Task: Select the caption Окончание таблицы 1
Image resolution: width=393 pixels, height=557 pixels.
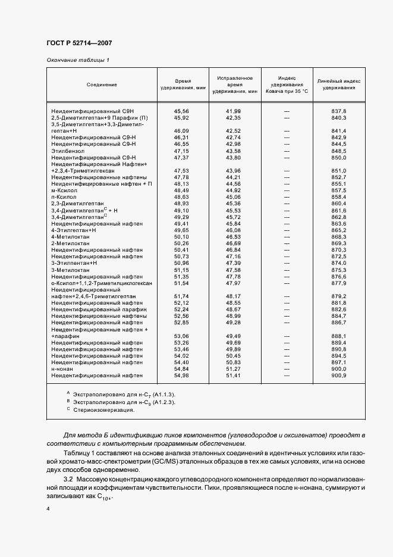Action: (78, 61)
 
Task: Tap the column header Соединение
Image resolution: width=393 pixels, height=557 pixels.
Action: (102, 85)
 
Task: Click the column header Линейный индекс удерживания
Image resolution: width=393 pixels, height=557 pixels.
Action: (339, 84)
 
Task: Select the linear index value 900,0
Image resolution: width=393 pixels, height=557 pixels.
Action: (339, 369)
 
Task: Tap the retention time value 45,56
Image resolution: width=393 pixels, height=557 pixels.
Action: (181, 111)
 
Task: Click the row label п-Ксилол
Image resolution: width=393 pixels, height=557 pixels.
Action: (65, 197)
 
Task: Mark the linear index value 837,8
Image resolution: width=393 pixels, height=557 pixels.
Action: (339, 111)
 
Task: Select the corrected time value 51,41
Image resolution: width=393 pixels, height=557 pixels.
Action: (233, 375)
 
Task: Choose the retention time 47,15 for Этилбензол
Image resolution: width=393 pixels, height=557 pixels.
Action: (181, 151)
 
